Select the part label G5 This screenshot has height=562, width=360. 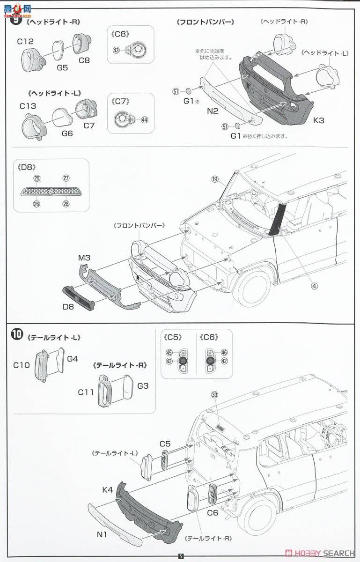(62, 67)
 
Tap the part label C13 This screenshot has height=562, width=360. (28, 106)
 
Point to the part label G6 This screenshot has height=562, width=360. (67, 133)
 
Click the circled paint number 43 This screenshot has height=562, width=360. (116, 50)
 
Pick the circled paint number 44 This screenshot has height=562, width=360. (144, 119)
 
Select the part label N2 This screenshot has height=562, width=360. (213, 111)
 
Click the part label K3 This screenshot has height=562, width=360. (318, 120)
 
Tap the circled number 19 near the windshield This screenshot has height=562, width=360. (215, 179)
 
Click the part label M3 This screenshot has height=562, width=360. (84, 258)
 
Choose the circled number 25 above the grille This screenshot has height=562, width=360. (37, 178)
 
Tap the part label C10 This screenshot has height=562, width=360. (22, 365)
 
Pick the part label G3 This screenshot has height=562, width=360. (143, 385)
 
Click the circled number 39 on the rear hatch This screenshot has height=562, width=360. (215, 395)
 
